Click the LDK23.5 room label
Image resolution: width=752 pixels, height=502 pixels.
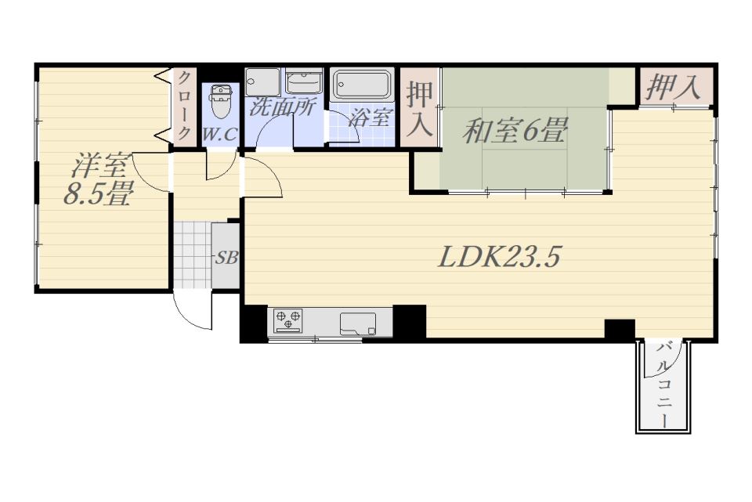coord(499,257)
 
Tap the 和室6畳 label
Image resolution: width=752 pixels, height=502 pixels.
coord(515,131)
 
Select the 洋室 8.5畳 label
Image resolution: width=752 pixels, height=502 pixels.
coord(99,179)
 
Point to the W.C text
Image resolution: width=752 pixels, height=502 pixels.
coord(219,135)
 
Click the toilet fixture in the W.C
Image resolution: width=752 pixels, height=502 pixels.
coord(221,101)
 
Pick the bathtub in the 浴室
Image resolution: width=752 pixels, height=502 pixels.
coord(362,84)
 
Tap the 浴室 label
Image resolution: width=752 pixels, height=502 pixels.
coord(371,117)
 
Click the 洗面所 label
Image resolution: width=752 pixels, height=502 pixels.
coord(281,107)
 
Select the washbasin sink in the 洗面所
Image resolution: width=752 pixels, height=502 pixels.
coord(304,81)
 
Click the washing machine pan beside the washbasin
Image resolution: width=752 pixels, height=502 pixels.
coord(262,82)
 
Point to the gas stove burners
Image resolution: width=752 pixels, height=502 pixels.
coord(287,320)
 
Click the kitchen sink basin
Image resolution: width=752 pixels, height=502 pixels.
coord(358,323)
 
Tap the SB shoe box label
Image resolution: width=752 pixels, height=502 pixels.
coord(226,258)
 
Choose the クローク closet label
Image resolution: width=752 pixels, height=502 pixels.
coord(184,105)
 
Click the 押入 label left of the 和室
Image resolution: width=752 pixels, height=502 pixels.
coord(419,110)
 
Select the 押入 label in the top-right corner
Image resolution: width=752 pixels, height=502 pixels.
coord(673,88)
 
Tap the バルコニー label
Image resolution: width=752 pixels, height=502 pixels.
coord(663,384)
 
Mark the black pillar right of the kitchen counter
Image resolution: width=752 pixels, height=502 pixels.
coord(409,321)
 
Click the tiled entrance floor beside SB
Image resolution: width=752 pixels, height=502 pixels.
coord(192,255)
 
